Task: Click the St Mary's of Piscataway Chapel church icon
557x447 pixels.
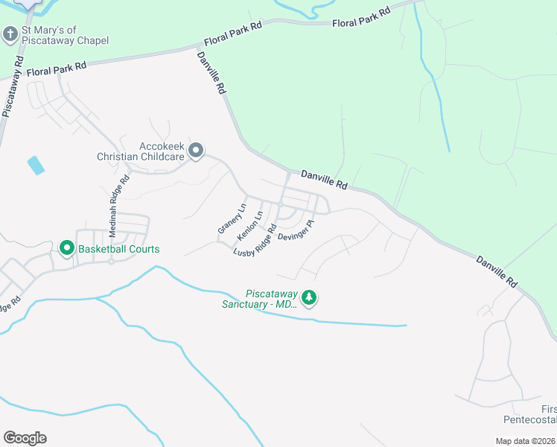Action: (10, 34)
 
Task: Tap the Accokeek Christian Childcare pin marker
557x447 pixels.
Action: (196, 151)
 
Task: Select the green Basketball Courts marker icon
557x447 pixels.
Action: (66, 248)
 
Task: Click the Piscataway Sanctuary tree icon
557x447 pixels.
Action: (309, 298)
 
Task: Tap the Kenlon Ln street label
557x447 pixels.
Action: (250, 226)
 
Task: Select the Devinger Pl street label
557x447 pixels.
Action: (296, 229)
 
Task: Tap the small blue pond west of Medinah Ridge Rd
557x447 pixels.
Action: (36, 165)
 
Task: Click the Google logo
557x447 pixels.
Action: (25, 438)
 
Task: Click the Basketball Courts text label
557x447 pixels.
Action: (118, 249)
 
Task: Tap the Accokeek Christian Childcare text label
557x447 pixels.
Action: (141, 151)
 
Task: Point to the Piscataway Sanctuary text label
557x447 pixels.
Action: (260, 298)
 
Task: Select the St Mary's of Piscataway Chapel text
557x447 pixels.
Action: (66, 35)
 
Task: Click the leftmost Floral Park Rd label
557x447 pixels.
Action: (57, 69)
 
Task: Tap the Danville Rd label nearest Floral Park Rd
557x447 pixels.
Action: (211, 72)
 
